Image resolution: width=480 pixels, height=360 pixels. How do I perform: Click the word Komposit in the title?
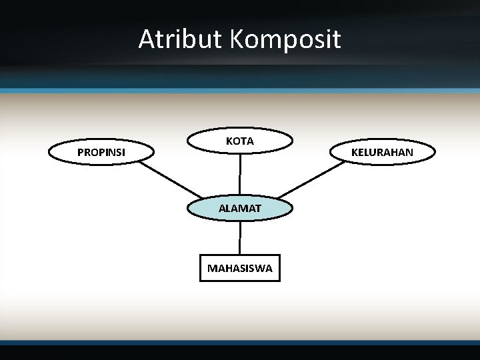coord(286,41)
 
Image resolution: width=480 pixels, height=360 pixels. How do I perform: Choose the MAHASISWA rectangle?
coord(240,268)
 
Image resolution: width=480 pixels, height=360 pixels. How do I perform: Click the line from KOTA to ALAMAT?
coord(240,175)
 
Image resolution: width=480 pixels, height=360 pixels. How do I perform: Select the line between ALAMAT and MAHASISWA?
coord(240,237)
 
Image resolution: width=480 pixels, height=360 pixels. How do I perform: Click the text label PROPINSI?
coord(101,153)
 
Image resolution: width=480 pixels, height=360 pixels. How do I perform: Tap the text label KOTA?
coord(240,141)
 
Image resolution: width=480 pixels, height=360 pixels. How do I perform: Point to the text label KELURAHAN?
coord(382,153)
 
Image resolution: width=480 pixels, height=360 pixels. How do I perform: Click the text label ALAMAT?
coord(240,209)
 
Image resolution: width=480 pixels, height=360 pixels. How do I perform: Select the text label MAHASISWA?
coord(240,269)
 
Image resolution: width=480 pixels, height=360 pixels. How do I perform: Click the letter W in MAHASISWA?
coord(258,269)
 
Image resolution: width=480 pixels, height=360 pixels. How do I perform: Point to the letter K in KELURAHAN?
coord(355,153)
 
